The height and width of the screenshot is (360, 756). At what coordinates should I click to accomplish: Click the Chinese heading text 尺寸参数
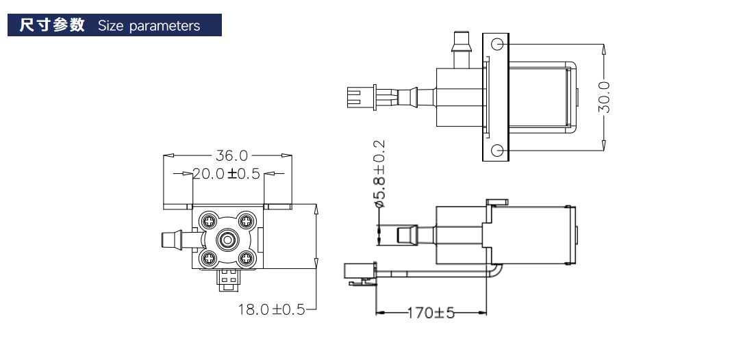tap(52, 25)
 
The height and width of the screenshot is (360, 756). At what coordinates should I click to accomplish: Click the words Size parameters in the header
tap(149, 26)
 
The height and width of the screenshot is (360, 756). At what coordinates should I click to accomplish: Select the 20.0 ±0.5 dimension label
tap(227, 174)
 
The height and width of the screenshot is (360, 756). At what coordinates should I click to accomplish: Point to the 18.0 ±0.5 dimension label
tap(271, 309)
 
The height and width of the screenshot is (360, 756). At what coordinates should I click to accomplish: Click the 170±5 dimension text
tap(431, 313)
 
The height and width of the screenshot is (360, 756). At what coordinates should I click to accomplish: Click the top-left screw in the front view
tap(208, 220)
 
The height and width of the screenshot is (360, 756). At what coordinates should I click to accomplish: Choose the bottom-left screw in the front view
tap(208, 259)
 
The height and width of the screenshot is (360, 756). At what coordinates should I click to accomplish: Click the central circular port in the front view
tap(227, 240)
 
